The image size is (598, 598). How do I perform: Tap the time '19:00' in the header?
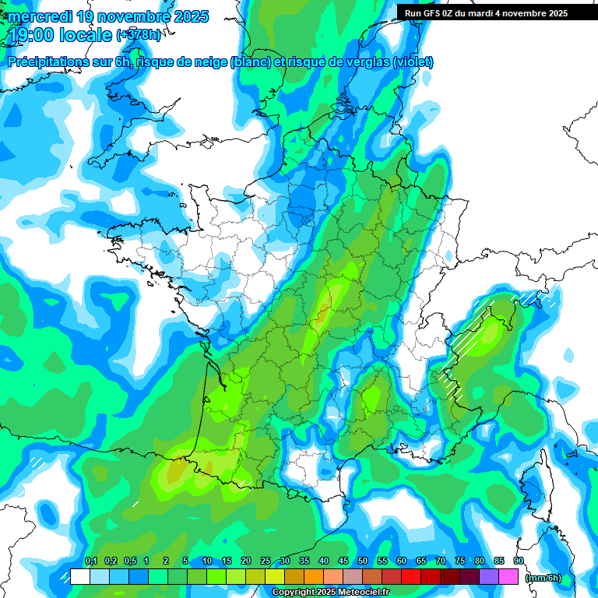[x=32, y=36]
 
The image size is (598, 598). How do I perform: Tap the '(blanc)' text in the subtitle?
[x=250, y=62]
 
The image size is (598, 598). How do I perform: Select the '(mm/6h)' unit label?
[x=543, y=578]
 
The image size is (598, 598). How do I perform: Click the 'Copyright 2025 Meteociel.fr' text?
[x=331, y=592]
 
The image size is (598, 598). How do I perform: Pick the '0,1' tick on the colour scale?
[x=90, y=561]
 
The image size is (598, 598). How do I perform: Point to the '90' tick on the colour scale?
[x=519, y=561]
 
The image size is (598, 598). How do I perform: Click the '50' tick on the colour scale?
[x=363, y=561]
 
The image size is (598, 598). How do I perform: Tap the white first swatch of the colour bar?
[x=80, y=577]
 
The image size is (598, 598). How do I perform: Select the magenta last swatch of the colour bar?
[x=508, y=577]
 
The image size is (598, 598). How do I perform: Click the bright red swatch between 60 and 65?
[x=411, y=577]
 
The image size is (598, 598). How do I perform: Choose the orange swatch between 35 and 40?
[x=314, y=577]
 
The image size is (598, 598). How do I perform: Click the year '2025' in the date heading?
[x=188, y=16]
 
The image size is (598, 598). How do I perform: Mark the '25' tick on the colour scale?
[x=266, y=561]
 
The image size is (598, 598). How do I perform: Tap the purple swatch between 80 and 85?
[x=489, y=577]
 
